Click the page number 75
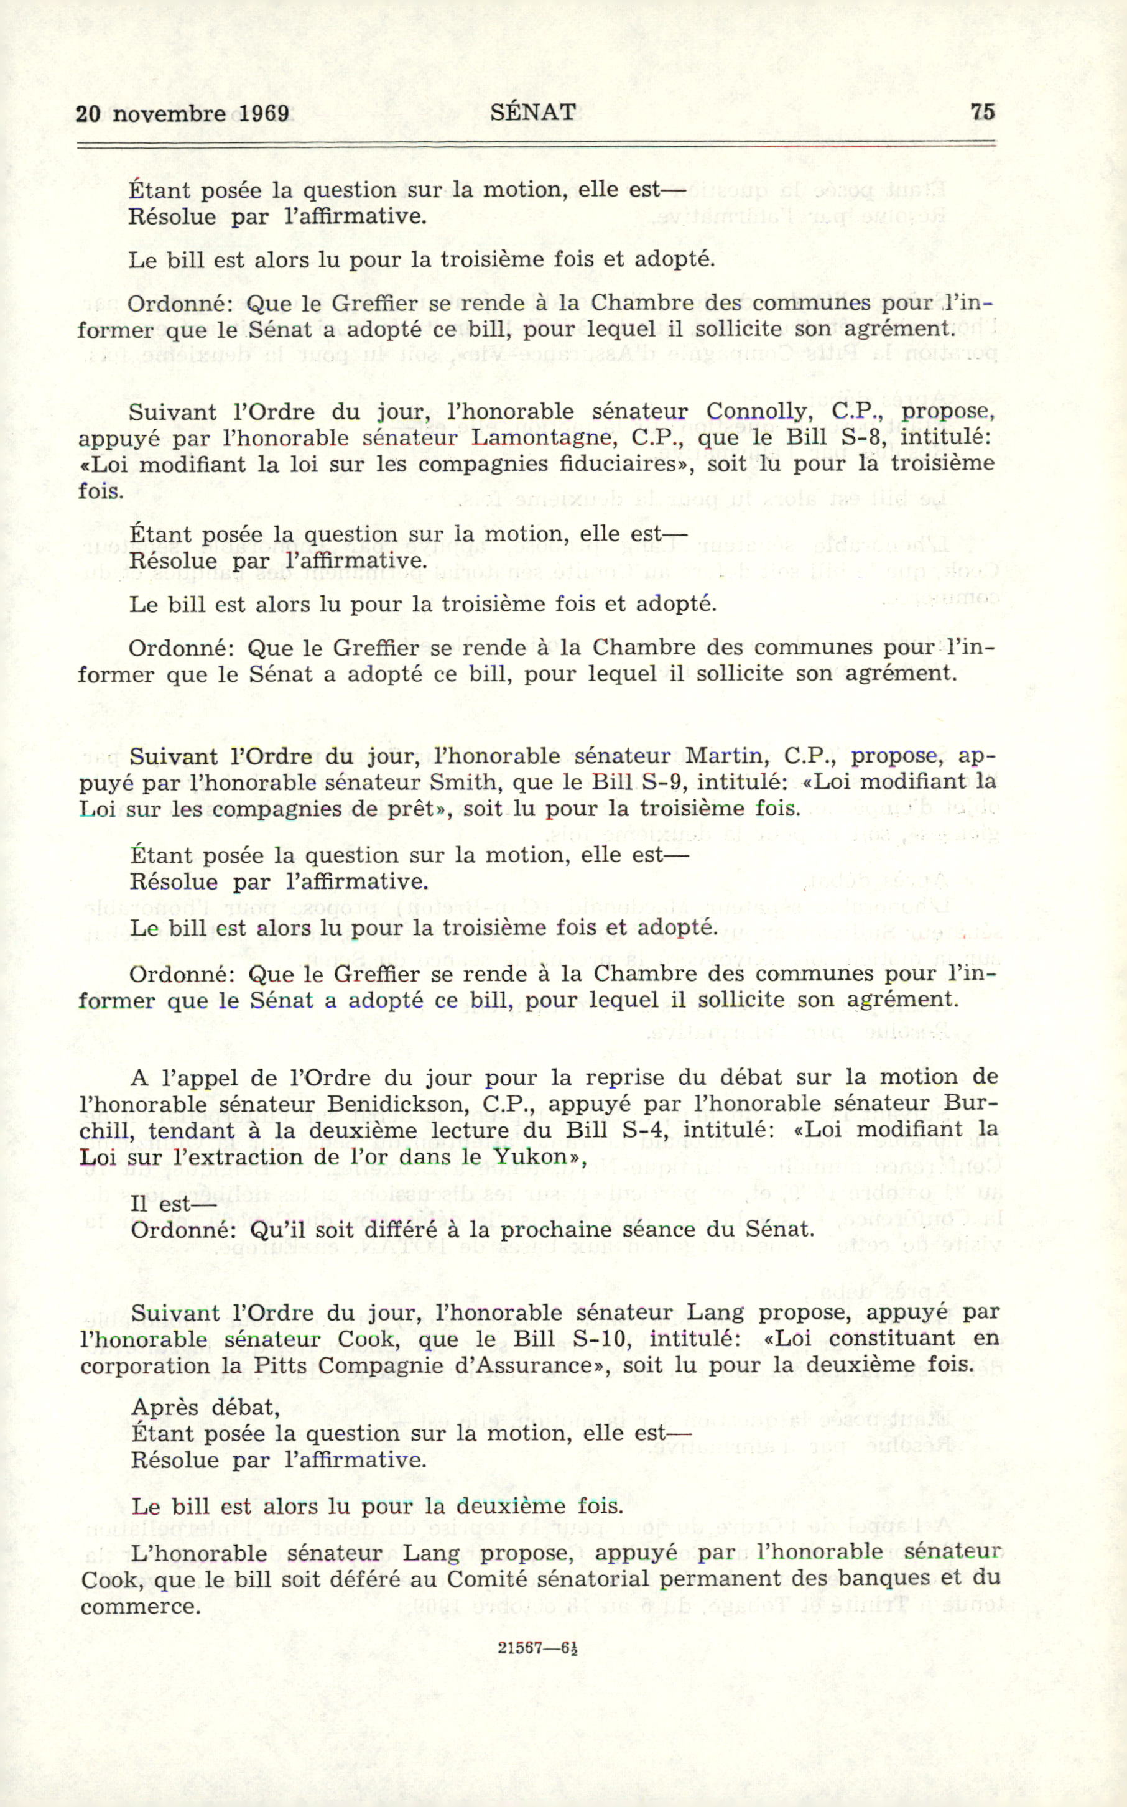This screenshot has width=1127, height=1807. (983, 112)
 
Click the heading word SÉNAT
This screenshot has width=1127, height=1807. (533, 112)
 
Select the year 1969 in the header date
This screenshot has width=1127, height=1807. (264, 113)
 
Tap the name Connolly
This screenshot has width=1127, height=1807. (756, 412)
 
